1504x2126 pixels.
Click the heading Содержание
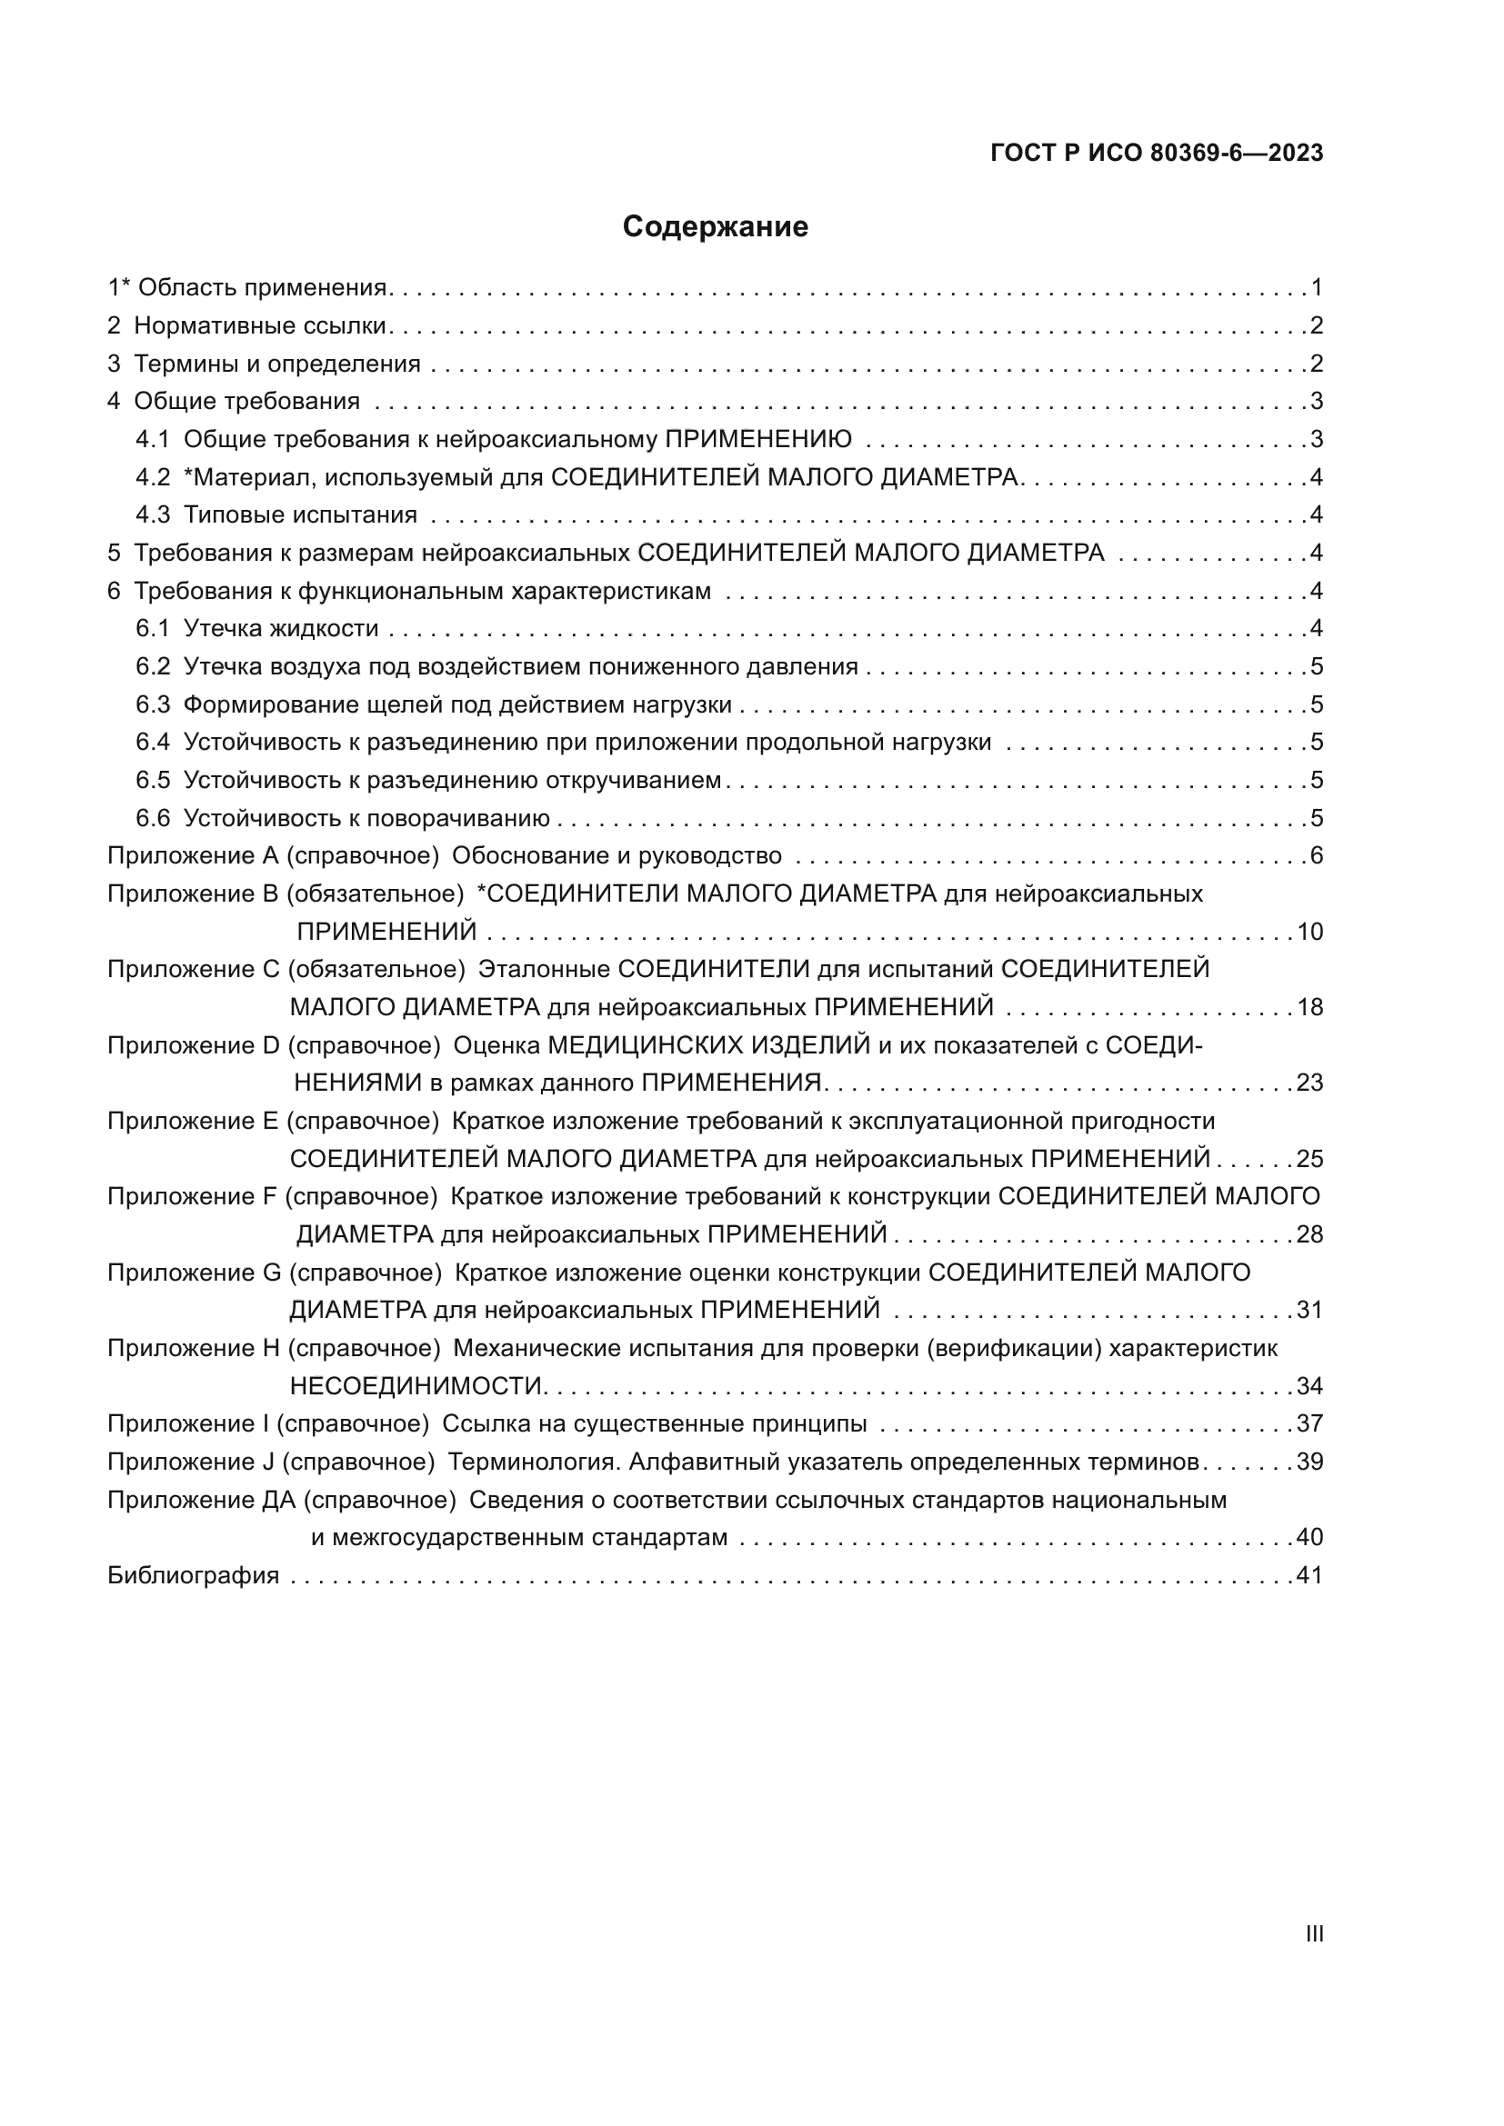(715, 227)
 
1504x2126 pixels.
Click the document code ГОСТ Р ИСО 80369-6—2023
(1157, 154)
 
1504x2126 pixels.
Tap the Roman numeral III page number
(1313, 1933)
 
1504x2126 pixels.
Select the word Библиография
(194, 1575)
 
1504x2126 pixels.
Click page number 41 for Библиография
(1309, 1575)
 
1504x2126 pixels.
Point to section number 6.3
(153, 704)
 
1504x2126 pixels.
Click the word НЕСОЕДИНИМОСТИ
(416, 1386)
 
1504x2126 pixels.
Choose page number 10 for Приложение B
(1309, 932)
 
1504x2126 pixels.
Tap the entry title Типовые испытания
(300, 514)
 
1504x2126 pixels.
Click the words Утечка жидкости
(282, 629)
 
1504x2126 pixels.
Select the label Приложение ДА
(201, 1499)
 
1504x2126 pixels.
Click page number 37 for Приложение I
(1309, 1423)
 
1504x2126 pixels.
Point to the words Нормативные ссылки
(260, 326)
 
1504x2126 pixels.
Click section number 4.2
(153, 478)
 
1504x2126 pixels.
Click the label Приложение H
(194, 1348)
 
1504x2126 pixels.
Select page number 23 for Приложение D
(1309, 1083)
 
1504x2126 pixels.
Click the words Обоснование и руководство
(616, 855)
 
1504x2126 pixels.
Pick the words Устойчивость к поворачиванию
(366, 819)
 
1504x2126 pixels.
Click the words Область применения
(262, 288)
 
